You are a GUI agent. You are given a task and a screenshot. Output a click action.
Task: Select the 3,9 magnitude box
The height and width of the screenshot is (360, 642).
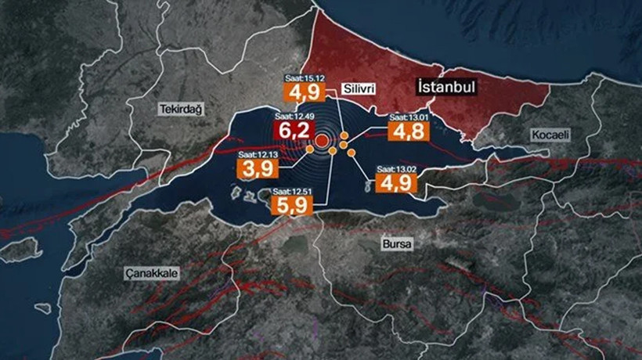tap(254, 170)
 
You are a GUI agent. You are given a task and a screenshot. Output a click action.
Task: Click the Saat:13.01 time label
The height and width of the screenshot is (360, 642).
tap(407, 117)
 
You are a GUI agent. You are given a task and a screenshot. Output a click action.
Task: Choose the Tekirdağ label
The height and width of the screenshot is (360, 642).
tap(180, 109)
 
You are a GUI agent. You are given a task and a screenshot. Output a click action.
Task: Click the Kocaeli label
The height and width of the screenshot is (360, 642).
tap(551, 135)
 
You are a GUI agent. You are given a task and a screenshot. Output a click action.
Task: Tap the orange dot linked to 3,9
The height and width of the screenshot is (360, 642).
tap(311, 149)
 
